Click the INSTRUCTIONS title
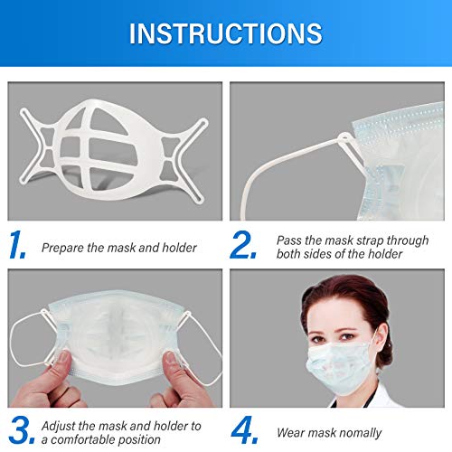pos(225,33)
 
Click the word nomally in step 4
pos(356,433)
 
